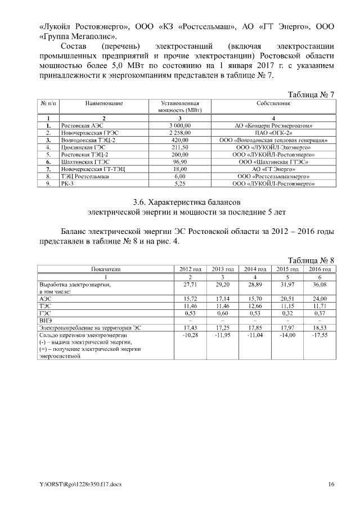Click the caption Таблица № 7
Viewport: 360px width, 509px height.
coord(311,94)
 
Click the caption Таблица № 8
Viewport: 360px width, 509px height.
coord(311,260)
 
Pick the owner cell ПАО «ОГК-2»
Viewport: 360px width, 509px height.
coord(273,132)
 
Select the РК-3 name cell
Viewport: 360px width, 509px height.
coord(67,183)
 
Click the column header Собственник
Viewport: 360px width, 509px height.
coord(273,104)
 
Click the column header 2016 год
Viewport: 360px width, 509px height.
coord(319,269)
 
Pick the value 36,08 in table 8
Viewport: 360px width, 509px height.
coord(319,286)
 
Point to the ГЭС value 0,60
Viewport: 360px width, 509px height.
coord(223,313)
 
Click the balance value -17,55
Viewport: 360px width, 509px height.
coord(319,335)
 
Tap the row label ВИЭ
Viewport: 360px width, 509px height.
coord(45,320)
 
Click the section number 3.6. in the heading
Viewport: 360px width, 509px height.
coord(140,201)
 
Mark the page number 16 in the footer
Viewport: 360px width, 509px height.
coord(331,484)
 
